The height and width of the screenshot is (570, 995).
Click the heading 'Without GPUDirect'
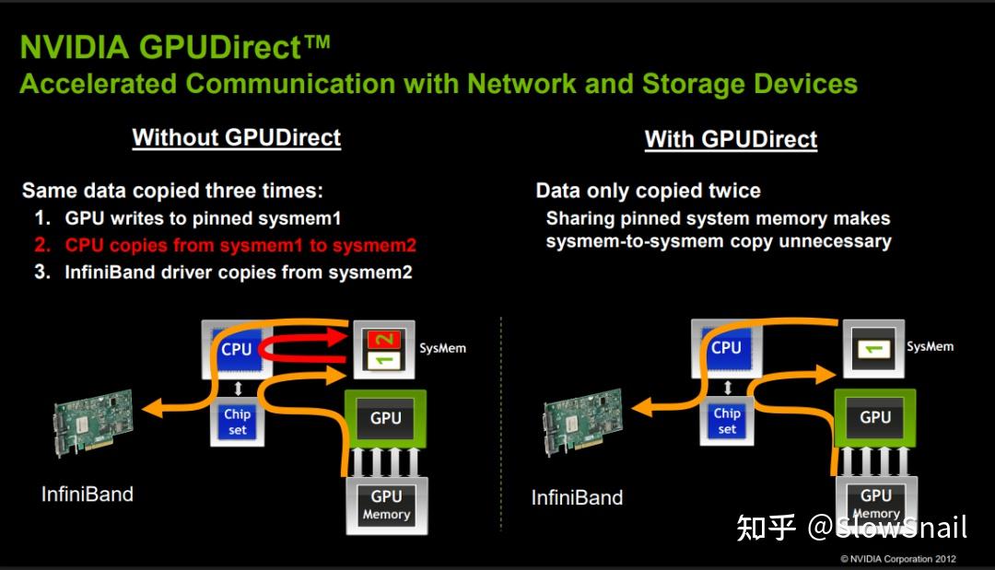click(236, 138)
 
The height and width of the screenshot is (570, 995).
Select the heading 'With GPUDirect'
click(731, 140)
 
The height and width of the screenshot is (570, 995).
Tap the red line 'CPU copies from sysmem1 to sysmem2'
click(240, 245)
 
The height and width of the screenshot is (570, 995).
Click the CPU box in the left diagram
click(237, 349)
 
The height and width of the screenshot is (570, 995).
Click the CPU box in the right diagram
click(726, 348)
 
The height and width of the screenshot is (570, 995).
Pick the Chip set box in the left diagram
click(237, 422)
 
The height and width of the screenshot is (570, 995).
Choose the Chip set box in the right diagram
click(727, 421)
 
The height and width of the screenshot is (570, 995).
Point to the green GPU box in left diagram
click(385, 419)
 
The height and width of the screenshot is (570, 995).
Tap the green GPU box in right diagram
click(874, 418)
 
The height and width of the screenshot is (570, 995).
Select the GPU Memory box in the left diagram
click(386, 505)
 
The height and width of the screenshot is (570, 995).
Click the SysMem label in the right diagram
click(930, 347)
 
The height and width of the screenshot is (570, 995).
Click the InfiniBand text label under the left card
click(88, 494)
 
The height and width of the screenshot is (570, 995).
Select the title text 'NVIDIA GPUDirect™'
click(175, 47)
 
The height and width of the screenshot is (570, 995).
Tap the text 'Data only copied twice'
click(648, 192)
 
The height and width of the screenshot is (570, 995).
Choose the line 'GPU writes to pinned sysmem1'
click(202, 219)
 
